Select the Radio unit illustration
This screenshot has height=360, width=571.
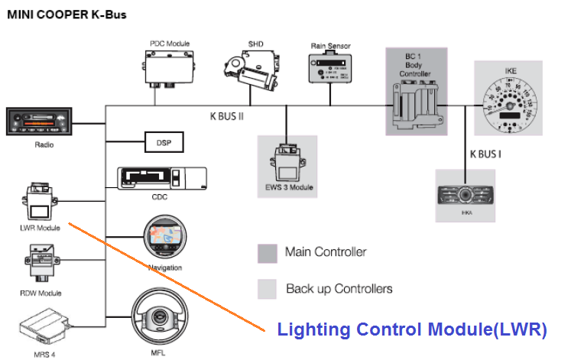point(38,122)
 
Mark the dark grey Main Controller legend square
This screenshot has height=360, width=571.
point(268,253)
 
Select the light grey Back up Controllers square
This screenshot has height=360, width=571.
point(268,288)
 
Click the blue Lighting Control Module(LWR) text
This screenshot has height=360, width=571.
point(412,330)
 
